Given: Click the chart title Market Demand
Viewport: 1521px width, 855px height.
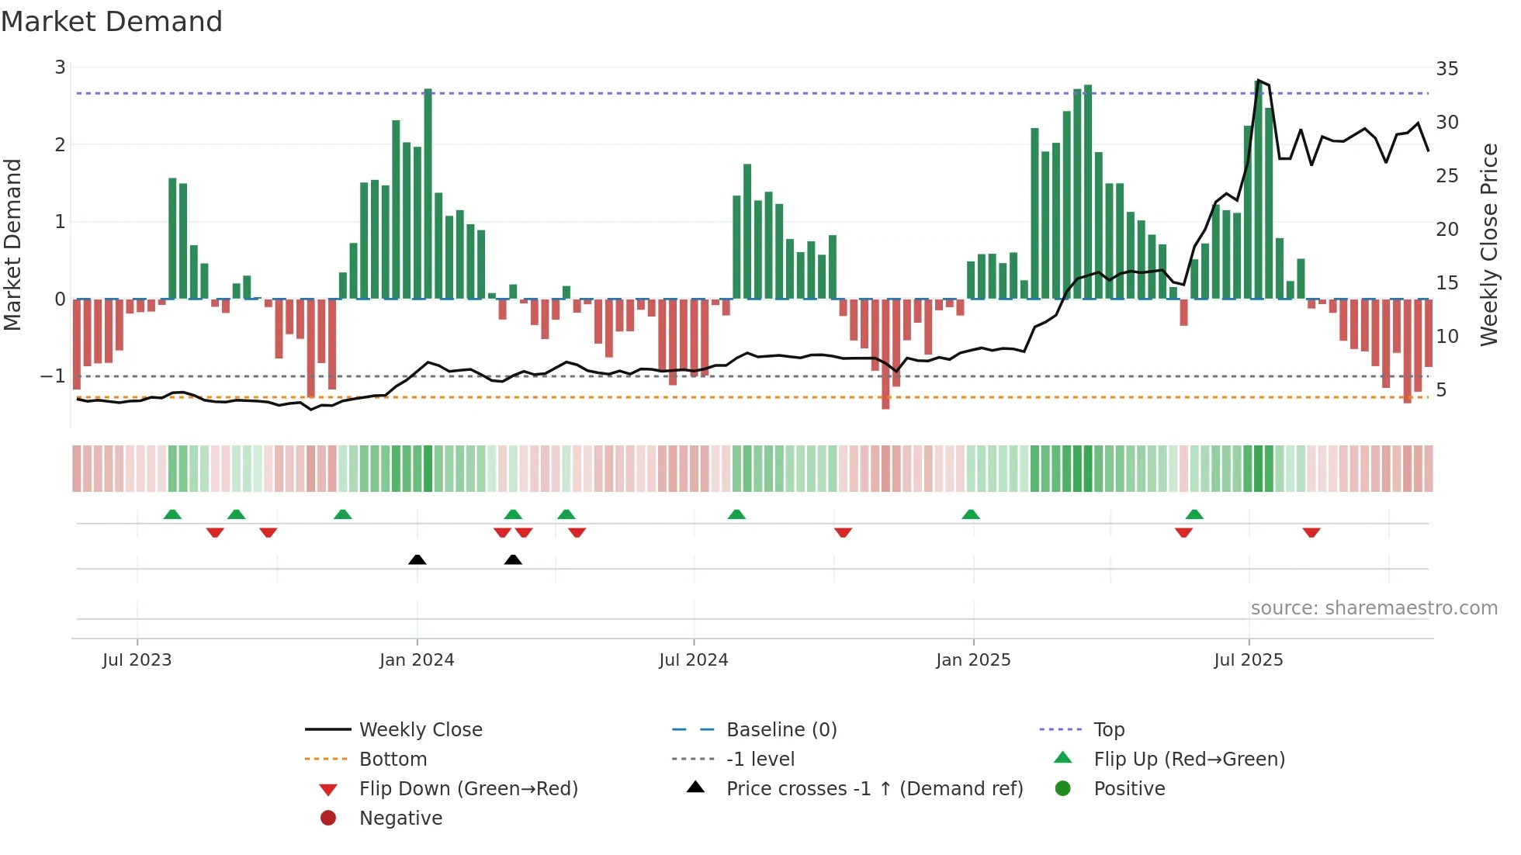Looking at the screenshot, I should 112,22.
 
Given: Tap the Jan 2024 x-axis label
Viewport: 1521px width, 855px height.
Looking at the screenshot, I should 417,660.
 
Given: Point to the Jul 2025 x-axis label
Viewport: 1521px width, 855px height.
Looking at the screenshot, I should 1248,660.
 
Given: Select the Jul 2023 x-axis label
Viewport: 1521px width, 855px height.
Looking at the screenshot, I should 137,660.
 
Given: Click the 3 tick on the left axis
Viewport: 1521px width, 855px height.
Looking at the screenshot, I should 60,67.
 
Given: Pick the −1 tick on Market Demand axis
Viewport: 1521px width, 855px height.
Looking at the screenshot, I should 53,376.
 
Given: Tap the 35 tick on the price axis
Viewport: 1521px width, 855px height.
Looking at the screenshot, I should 1447,69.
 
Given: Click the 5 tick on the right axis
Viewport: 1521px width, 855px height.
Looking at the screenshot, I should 1441,390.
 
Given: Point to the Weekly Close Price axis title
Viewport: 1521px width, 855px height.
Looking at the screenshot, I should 1488,244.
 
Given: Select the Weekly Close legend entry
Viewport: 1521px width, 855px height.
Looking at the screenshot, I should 420,730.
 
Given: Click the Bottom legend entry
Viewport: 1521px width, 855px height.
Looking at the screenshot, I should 393,760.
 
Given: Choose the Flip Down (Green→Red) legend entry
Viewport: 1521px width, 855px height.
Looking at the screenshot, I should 468,789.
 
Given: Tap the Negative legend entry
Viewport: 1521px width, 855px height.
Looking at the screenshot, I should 400,819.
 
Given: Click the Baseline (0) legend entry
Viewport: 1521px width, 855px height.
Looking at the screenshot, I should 781,730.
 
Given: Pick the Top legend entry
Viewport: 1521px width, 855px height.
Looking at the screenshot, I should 1108,730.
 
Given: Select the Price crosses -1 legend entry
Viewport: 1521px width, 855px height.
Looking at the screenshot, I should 874,789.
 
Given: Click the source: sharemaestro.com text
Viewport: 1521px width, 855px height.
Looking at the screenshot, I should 1374,608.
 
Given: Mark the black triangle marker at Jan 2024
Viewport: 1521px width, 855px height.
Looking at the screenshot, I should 417,559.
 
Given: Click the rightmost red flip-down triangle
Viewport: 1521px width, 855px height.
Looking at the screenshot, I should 1311,533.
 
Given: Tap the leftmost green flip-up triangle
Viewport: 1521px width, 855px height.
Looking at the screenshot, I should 172,514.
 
